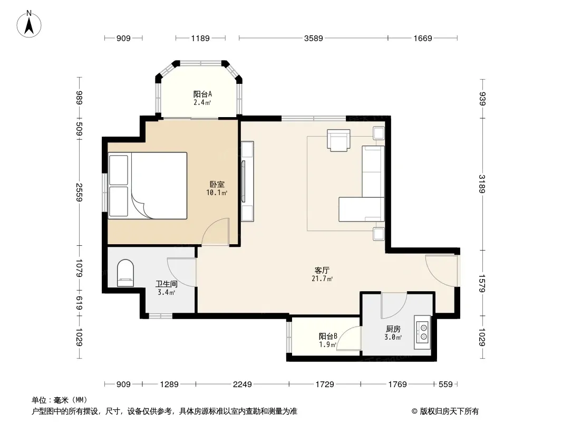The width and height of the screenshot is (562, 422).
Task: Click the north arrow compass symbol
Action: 29,24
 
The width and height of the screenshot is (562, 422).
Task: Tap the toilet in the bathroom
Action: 125,273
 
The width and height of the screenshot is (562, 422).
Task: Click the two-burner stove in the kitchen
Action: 422,332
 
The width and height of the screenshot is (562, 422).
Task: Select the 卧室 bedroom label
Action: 217,184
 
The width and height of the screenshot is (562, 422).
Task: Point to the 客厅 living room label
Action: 322,270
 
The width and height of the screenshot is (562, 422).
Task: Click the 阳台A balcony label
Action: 202,94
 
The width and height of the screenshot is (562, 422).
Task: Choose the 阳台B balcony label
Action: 328,337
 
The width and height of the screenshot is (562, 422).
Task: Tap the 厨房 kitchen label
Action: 393,329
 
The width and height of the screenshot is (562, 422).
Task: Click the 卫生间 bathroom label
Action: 166,284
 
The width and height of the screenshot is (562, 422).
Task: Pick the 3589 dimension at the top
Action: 314,38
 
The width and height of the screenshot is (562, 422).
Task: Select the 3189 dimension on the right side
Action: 482,184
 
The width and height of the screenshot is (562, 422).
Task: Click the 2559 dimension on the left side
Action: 79,193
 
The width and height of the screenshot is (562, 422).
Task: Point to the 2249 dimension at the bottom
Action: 243,385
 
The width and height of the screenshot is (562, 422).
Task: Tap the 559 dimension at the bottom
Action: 445,385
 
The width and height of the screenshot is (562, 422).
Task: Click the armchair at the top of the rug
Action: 338,140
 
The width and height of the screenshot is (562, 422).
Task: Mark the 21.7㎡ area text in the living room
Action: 322,279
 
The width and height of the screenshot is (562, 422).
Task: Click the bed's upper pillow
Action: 118,170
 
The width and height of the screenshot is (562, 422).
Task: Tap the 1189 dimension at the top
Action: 200,38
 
